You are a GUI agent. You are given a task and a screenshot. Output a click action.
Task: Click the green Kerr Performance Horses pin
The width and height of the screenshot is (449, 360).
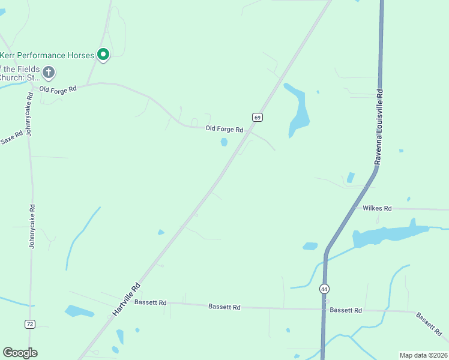click(x=103, y=55)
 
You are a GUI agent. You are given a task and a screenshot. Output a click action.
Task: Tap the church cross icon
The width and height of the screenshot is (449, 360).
click(x=49, y=73)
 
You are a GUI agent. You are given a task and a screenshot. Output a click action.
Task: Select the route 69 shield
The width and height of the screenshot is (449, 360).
click(x=257, y=117)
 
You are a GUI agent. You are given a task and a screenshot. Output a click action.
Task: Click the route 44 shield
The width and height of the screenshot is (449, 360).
click(x=324, y=289)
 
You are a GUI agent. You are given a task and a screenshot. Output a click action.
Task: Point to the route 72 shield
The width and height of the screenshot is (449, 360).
click(x=30, y=324)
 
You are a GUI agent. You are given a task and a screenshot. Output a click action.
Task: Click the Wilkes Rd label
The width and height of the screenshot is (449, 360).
click(x=377, y=208)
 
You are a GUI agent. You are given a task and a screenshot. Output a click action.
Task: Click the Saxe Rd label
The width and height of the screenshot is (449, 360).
click(x=11, y=139)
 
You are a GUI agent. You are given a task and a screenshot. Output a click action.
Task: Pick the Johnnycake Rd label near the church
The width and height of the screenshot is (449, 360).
click(x=28, y=114)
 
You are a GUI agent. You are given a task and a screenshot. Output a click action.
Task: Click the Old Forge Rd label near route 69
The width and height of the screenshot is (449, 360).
click(x=224, y=129)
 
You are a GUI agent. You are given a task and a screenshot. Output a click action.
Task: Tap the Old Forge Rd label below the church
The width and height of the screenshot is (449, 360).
click(x=58, y=89)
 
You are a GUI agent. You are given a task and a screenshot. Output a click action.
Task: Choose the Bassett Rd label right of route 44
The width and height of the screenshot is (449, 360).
click(x=346, y=310)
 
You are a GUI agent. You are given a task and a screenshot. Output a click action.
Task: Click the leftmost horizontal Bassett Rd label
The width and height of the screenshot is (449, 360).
click(x=150, y=302)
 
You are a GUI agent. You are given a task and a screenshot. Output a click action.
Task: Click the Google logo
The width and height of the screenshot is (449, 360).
click(x=20, y=353)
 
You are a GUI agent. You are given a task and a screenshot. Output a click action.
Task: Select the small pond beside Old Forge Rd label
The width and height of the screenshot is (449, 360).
click(x=224, y=142)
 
